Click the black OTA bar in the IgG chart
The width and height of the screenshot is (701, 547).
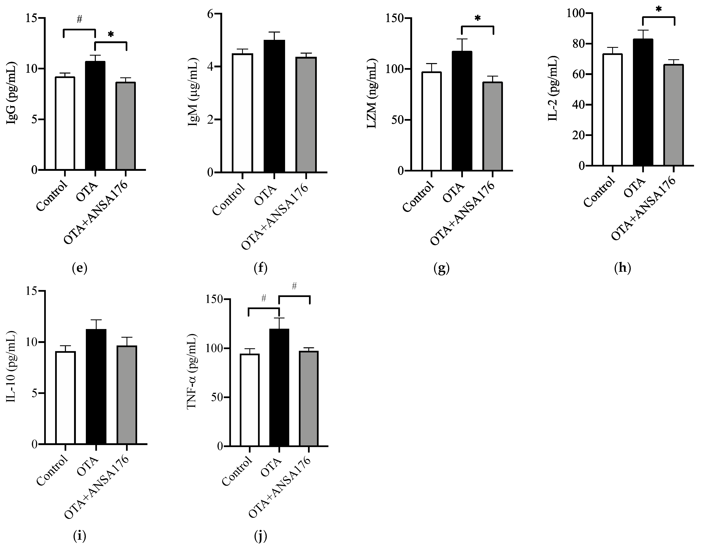95,116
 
